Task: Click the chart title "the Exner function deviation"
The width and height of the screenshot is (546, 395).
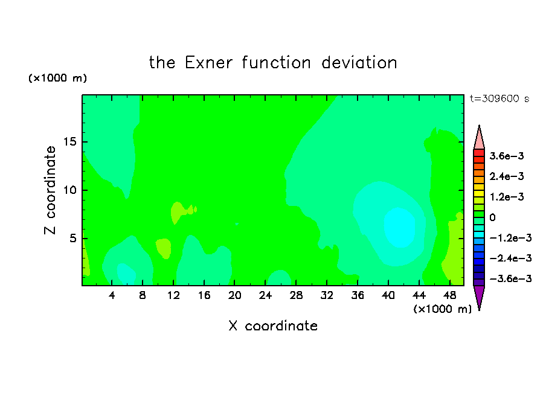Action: (273, 63)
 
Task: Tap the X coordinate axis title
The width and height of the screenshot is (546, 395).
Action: (273, 326)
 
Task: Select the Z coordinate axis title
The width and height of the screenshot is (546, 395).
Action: (50, 190)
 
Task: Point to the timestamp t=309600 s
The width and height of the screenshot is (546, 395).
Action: (499, 98)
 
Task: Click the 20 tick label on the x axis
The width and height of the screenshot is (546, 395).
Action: (235, 295)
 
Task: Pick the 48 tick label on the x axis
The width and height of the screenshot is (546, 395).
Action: (449, 295)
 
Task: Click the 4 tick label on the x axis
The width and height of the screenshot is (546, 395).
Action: (112, 295)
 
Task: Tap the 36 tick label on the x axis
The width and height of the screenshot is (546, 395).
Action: (358, 295)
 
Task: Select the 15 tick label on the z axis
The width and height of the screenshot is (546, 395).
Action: (69, 142)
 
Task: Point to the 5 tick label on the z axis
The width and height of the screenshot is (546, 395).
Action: (73, 238)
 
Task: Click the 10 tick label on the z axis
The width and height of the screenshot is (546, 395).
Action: (69, 190)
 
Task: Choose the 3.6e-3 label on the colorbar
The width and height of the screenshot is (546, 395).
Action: (507, 156)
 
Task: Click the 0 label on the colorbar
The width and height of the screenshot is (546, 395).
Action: (492, 217)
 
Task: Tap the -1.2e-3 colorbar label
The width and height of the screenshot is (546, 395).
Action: (510, 238)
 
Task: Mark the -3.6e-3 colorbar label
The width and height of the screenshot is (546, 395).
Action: (510, 278)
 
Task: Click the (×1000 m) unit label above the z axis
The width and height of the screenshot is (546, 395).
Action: (57, 78)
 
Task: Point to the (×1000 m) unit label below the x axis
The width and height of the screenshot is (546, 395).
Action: (442, 309)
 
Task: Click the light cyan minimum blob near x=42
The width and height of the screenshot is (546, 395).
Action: (399, 227)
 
